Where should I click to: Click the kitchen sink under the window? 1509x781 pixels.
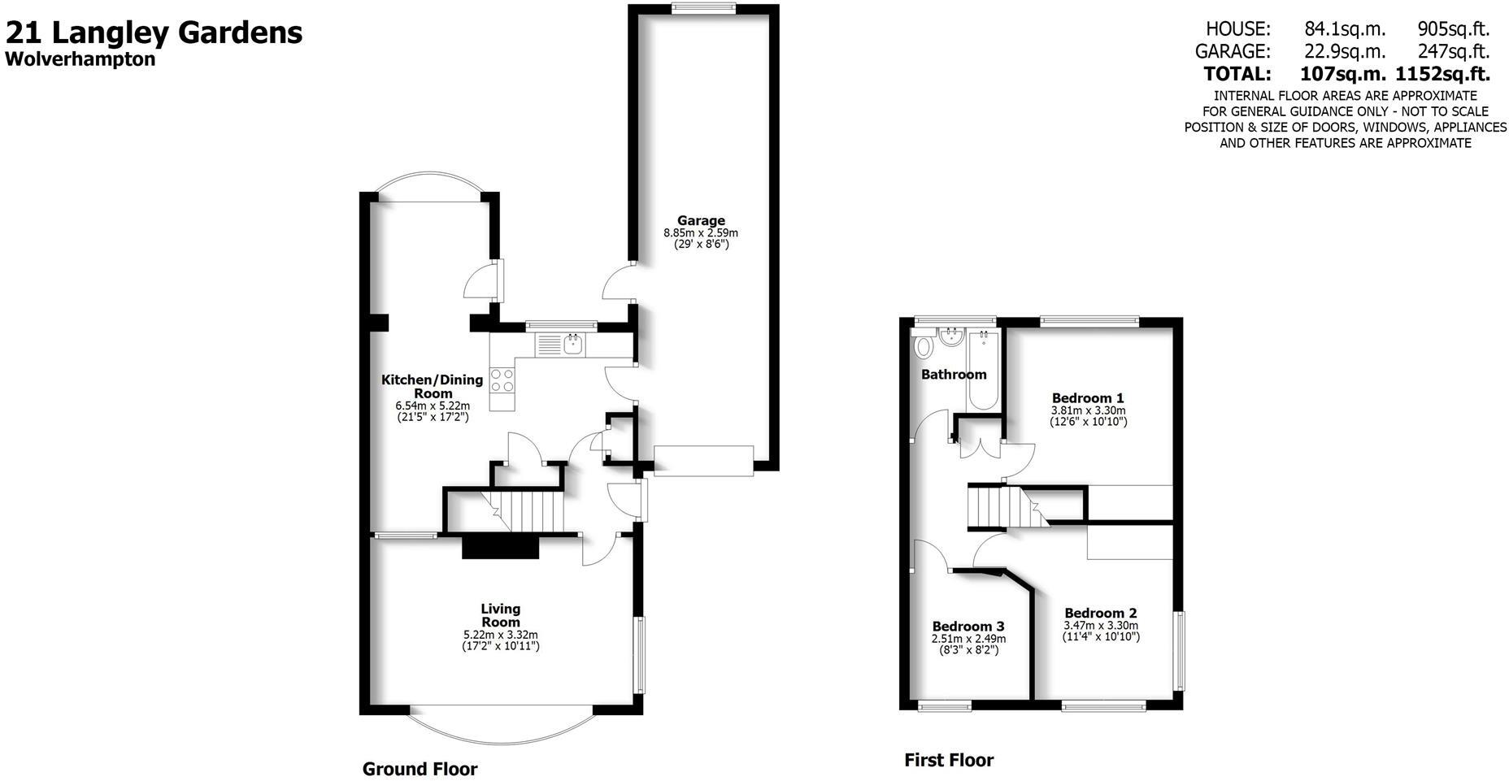tap(572, 345)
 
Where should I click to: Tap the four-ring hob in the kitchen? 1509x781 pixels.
tap(502, 380)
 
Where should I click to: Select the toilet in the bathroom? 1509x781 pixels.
tap(924, 348)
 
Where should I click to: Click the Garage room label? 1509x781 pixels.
tap(701, 220)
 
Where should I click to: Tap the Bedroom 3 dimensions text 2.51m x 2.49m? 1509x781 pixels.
tap(968, 639)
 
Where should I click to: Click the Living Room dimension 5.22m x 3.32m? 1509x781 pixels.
tap(500, 635)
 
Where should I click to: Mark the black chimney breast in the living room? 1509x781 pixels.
tap(500, 546)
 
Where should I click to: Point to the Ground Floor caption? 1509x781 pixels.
tap(420, 769)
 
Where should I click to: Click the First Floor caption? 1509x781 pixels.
tap(948, 761)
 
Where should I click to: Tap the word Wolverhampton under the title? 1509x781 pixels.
tap(80, 59)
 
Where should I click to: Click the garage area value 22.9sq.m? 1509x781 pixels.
tap(1344, 51)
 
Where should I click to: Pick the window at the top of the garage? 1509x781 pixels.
tap(703, 8)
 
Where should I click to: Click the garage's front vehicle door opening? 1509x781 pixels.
tap(703, 460)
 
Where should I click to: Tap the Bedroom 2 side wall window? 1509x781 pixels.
tap(1180, 650)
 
